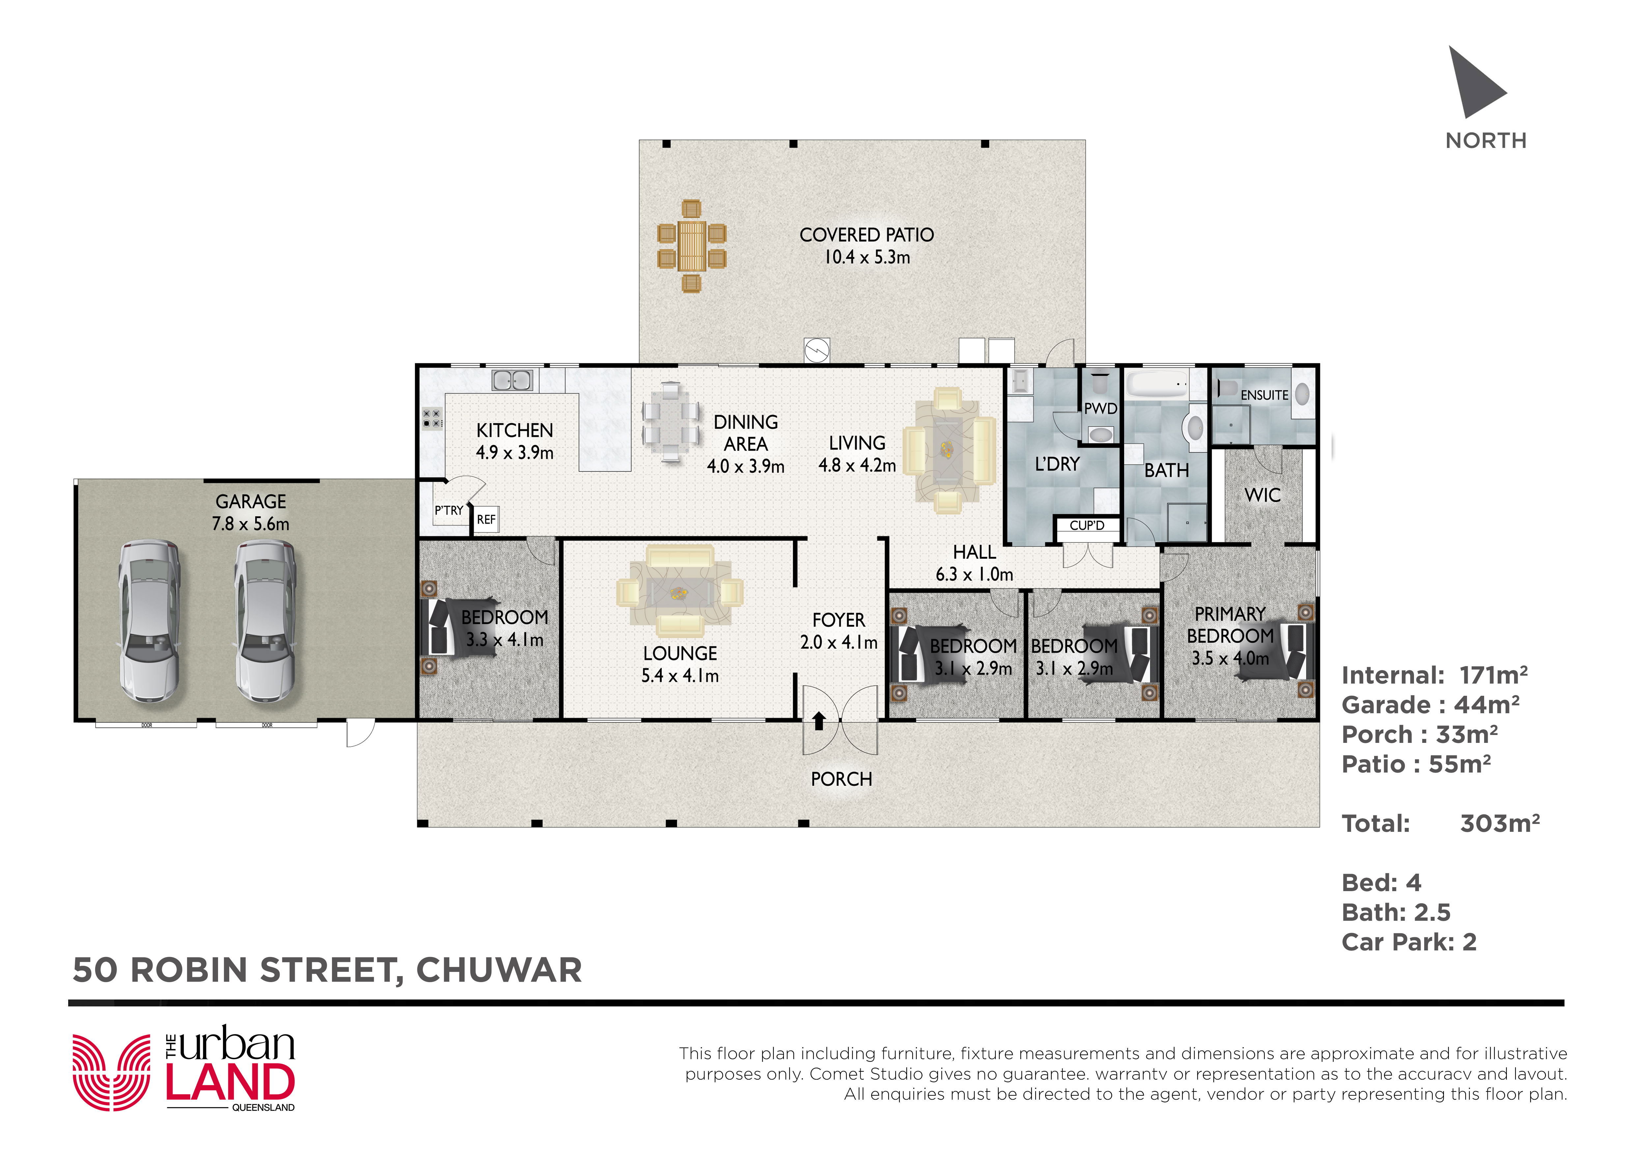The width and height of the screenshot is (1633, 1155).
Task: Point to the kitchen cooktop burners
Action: (x=432, y=418)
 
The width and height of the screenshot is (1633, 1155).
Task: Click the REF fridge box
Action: (x=486, y=520)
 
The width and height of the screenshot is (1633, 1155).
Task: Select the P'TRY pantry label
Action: (x=449, y=511)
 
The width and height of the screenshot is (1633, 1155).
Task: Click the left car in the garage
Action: (x=149, y=622)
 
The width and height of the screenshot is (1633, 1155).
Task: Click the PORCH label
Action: (x=842, y=779)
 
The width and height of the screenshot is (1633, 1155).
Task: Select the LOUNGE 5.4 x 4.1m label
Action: (x=680, y=664)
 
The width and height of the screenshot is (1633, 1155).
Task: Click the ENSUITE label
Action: (x=1264, y=395)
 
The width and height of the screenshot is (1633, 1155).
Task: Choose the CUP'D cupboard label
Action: (x=1087, y=525)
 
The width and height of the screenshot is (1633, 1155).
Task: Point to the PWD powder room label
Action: (x=1100, y=409)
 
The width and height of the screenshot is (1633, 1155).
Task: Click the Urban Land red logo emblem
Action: (x=112, y=1073)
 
